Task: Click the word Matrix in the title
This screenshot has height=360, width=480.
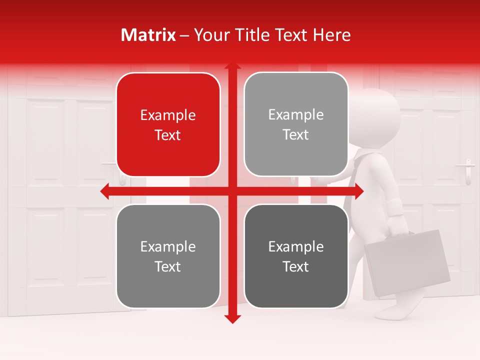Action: click(x=148, y=35)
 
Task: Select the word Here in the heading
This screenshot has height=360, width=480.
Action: click(x=331, y=35)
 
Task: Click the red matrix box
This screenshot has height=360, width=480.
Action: click(x=168, y=124)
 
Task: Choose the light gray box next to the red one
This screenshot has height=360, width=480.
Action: click(x=296, y=124)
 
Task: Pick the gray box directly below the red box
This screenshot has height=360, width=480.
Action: click(x=168, y=256)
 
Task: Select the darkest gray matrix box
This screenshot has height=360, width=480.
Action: click(x=296, y=256)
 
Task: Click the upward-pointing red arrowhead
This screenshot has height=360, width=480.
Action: click(x=232, y=66)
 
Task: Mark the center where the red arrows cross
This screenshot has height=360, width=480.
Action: click(x=232, y=191)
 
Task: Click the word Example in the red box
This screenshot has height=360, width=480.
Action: click(x=168, y=115)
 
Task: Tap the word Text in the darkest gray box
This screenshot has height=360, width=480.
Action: click(x=296, y=267)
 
